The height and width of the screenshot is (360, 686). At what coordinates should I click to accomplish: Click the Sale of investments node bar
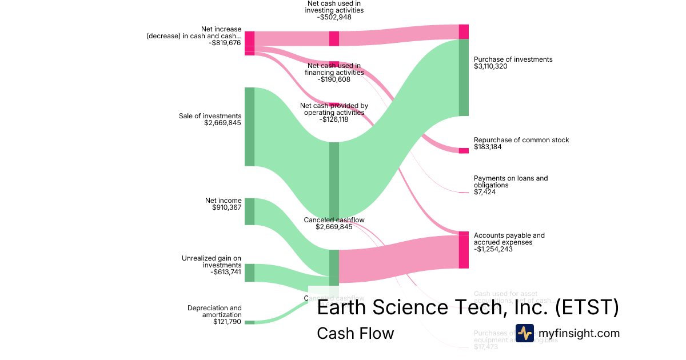249,126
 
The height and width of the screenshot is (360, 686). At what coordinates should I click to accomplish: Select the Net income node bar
249,211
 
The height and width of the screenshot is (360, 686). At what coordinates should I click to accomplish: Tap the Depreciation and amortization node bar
249,322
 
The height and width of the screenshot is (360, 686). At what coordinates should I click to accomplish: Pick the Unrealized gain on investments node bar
249,273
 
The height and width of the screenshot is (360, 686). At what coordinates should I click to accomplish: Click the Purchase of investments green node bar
464,77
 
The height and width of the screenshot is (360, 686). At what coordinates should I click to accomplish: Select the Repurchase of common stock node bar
464,150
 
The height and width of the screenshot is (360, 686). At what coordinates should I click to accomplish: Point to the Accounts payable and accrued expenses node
464,250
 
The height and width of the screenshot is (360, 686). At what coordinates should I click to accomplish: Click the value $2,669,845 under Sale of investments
222,123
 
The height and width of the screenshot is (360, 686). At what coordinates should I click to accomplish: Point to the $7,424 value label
485,192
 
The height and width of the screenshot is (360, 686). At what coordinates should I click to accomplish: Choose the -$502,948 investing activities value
334,17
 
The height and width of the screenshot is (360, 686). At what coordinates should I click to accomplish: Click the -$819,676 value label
225,43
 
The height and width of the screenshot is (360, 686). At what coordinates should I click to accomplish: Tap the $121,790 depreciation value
227,322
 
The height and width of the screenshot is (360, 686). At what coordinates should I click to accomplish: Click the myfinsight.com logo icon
524,333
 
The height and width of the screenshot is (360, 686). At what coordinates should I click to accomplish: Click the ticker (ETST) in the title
587,307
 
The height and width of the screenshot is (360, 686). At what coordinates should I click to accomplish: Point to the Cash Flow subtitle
355,333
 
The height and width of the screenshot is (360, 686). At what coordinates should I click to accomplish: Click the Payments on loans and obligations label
510,182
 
